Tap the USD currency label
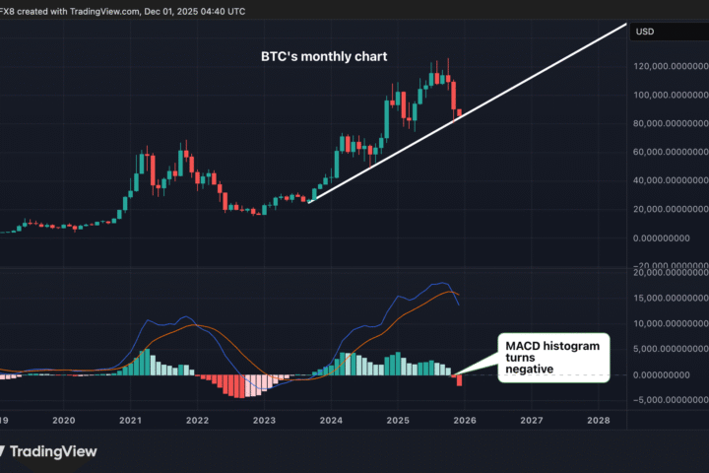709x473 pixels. click(646, 32)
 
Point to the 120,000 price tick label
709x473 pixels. click(670, 67)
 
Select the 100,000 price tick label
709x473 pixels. click(670, 96)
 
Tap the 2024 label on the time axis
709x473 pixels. click(331, 420)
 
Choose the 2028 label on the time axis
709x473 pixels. click(598, 420)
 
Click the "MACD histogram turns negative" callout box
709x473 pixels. click(552, 357)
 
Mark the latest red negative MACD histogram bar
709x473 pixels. click(460, 380)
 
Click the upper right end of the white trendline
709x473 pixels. click(625, 23)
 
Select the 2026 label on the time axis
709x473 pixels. click(465, 420)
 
